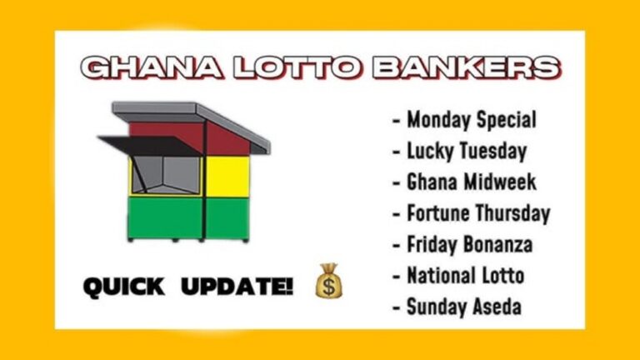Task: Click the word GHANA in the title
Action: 152,67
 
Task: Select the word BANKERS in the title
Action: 467,67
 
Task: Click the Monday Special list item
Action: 464,120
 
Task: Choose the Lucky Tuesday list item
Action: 460,151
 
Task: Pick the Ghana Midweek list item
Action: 464,182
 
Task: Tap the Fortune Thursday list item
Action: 472,213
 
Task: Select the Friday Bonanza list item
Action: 462,244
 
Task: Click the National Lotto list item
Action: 458,276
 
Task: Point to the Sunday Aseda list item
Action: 457,307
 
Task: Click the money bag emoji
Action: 329,280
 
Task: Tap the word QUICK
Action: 124,287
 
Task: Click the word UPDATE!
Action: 237,286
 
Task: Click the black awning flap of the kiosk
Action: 149,146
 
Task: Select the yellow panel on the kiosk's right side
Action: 227,177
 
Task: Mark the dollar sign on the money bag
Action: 329,286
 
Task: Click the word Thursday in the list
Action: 513,213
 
